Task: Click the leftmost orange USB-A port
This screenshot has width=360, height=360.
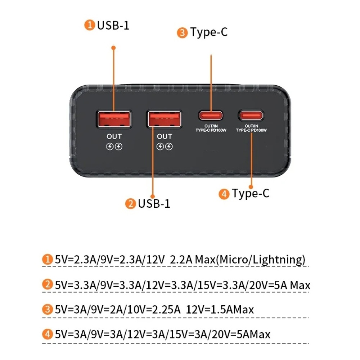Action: click(114, 119)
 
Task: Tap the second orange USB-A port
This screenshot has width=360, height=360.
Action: click(164, 119)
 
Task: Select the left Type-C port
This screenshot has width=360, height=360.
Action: click(211, 115)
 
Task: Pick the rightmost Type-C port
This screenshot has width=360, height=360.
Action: click(251, 115)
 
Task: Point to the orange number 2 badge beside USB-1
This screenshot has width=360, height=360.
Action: click(130, 204)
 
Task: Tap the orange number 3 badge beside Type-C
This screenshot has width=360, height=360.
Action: click(182, 33)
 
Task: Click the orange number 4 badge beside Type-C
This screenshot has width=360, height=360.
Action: click(224, 194)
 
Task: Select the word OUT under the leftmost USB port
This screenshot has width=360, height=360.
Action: click(114, 136)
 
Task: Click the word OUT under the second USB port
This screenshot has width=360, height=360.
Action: click(165, 136)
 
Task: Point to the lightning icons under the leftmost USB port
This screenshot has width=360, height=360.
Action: click(114, 147)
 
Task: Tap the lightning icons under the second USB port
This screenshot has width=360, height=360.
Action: click(165, 147)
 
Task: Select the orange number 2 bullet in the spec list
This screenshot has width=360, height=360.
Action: click(47, 285)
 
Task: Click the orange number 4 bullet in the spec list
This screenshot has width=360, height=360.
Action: click(47, 334)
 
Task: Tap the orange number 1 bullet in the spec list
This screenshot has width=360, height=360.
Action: click(47, 259)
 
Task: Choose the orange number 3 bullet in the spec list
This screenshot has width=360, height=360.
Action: click(47, 310)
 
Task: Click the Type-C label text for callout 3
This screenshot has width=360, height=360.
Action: click(209, 32)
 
